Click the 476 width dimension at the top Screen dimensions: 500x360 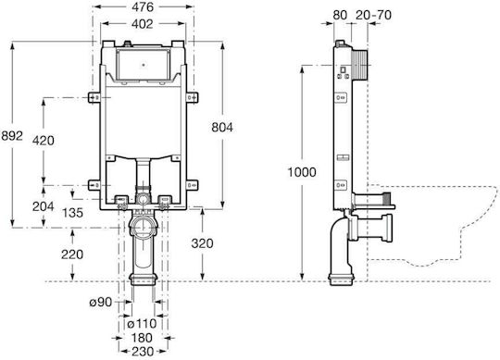point(143,7)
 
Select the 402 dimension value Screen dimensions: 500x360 point(142,24)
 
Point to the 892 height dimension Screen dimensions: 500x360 point(12,136)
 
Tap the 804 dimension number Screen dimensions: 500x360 point(222,128)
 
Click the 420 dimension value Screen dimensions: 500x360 point(44,141)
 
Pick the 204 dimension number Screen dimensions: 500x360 point(44,206)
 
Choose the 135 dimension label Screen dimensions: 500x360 point(73,213)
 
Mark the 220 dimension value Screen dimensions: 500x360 point(72,254)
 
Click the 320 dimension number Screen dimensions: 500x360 point(202,243)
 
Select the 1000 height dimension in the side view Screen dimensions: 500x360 point(302,172)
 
